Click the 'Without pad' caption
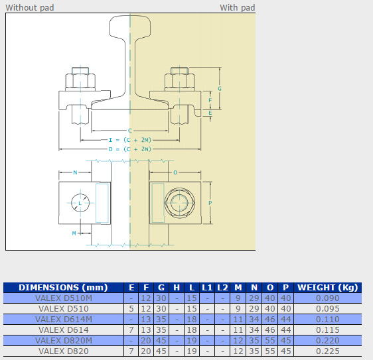(30, 7)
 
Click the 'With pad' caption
(237, 7)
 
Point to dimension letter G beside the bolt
(220, 89)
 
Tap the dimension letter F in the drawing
(210, 100)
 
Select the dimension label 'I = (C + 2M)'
(130, 140)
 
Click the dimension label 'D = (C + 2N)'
(130, 149)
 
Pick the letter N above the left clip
(75, 172)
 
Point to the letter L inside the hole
(80, 203)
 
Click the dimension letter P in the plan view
(210, 203)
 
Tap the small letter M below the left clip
(74, 233)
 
